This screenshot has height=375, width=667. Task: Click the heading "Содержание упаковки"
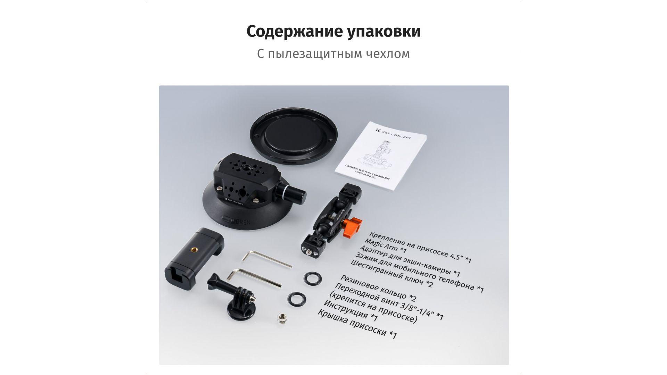pyautogui.click(x=333, y=31)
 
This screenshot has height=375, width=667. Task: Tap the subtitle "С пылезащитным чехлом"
pyautogui.click(x=333, y=54)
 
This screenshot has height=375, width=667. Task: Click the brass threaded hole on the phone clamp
pyautogui.click(x=193, y=249)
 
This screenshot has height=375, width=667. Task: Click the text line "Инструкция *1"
pyautogui.click(x=350, y=311)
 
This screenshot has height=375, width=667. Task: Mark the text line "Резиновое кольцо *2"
pyautogui.click(x=378, y=289)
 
